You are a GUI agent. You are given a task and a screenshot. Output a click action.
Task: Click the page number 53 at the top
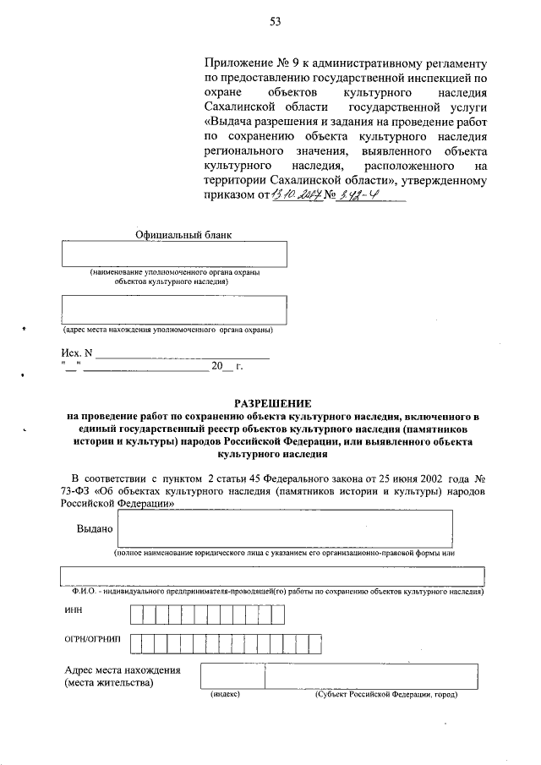(275, 23)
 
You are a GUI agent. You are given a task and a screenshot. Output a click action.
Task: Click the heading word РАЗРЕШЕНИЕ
(273, 402)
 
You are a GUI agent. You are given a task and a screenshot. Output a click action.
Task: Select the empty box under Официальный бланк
(174, 254)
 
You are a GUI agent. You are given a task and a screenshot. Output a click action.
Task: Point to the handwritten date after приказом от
(291, 197)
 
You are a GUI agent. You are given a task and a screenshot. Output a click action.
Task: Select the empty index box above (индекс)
(232, 676)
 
